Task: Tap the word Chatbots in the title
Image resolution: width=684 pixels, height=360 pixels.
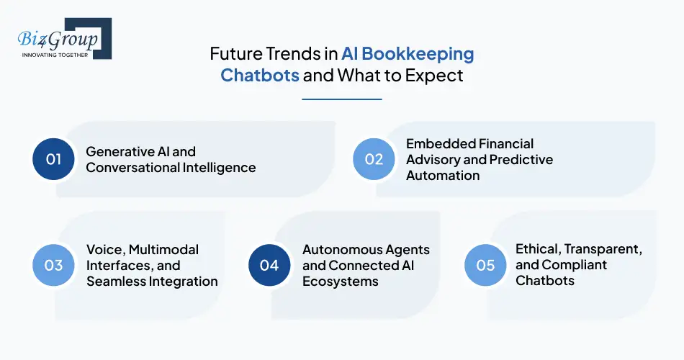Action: coord(260,75)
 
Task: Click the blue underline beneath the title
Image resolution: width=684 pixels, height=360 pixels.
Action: coord(341,99)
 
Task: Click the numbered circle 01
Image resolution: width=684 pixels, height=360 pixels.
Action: coord(54,159)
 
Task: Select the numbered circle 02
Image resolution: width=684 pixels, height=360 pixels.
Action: coord(374,159)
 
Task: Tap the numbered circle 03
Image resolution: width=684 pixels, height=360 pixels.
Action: coord(54,265)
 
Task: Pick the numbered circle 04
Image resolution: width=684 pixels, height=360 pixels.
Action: coord(269,265)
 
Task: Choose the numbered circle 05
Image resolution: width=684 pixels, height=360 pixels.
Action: coord(486,265)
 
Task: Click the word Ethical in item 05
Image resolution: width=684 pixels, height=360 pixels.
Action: coord(537,249)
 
